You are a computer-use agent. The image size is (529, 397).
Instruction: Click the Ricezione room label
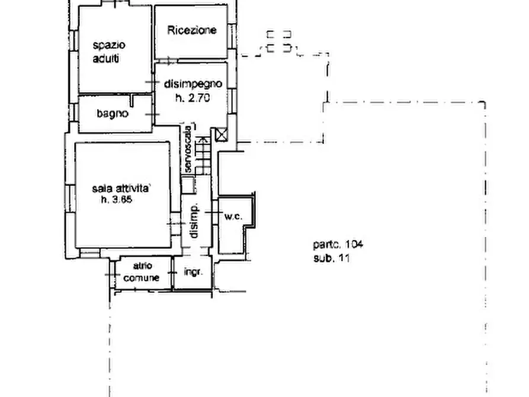coord(192,30)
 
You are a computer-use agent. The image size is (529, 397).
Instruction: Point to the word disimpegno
coord(193,85)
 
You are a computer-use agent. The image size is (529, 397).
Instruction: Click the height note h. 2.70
coord(193,98)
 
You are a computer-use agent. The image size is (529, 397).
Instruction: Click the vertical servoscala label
coord(188,148)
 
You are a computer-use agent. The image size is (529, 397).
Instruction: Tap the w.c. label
coord(233,217)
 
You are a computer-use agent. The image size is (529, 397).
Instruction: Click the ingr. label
coord(194,273)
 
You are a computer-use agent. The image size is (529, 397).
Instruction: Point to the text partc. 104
coord(338,244)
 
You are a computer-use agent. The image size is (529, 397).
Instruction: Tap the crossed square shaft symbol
coord(222,135)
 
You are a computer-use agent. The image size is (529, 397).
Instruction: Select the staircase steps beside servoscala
coord(203,156)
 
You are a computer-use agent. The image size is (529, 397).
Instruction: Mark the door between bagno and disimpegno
coord(154,114)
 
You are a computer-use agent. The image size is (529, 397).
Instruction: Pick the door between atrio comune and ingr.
coord(172,273)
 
